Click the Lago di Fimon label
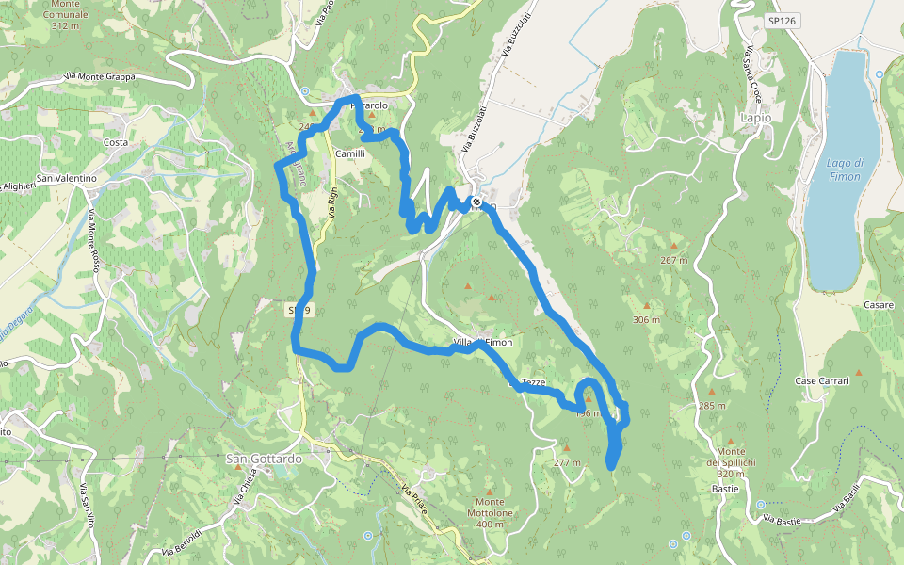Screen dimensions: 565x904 pos(845,169)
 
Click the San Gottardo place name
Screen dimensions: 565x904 pos(265,459)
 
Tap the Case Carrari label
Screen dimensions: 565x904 pos(822,380)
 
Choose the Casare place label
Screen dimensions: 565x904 pos(878,305)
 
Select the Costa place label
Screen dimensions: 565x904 pos(116,142)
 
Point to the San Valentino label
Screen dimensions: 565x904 pos(66,178)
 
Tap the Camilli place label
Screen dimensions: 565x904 pos(350,153)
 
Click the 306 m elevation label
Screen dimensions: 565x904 pos(646,320)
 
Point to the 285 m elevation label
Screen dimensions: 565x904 pos(712,406)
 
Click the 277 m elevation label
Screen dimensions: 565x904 pos(567,462)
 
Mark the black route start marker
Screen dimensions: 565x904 pos(478,202)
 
